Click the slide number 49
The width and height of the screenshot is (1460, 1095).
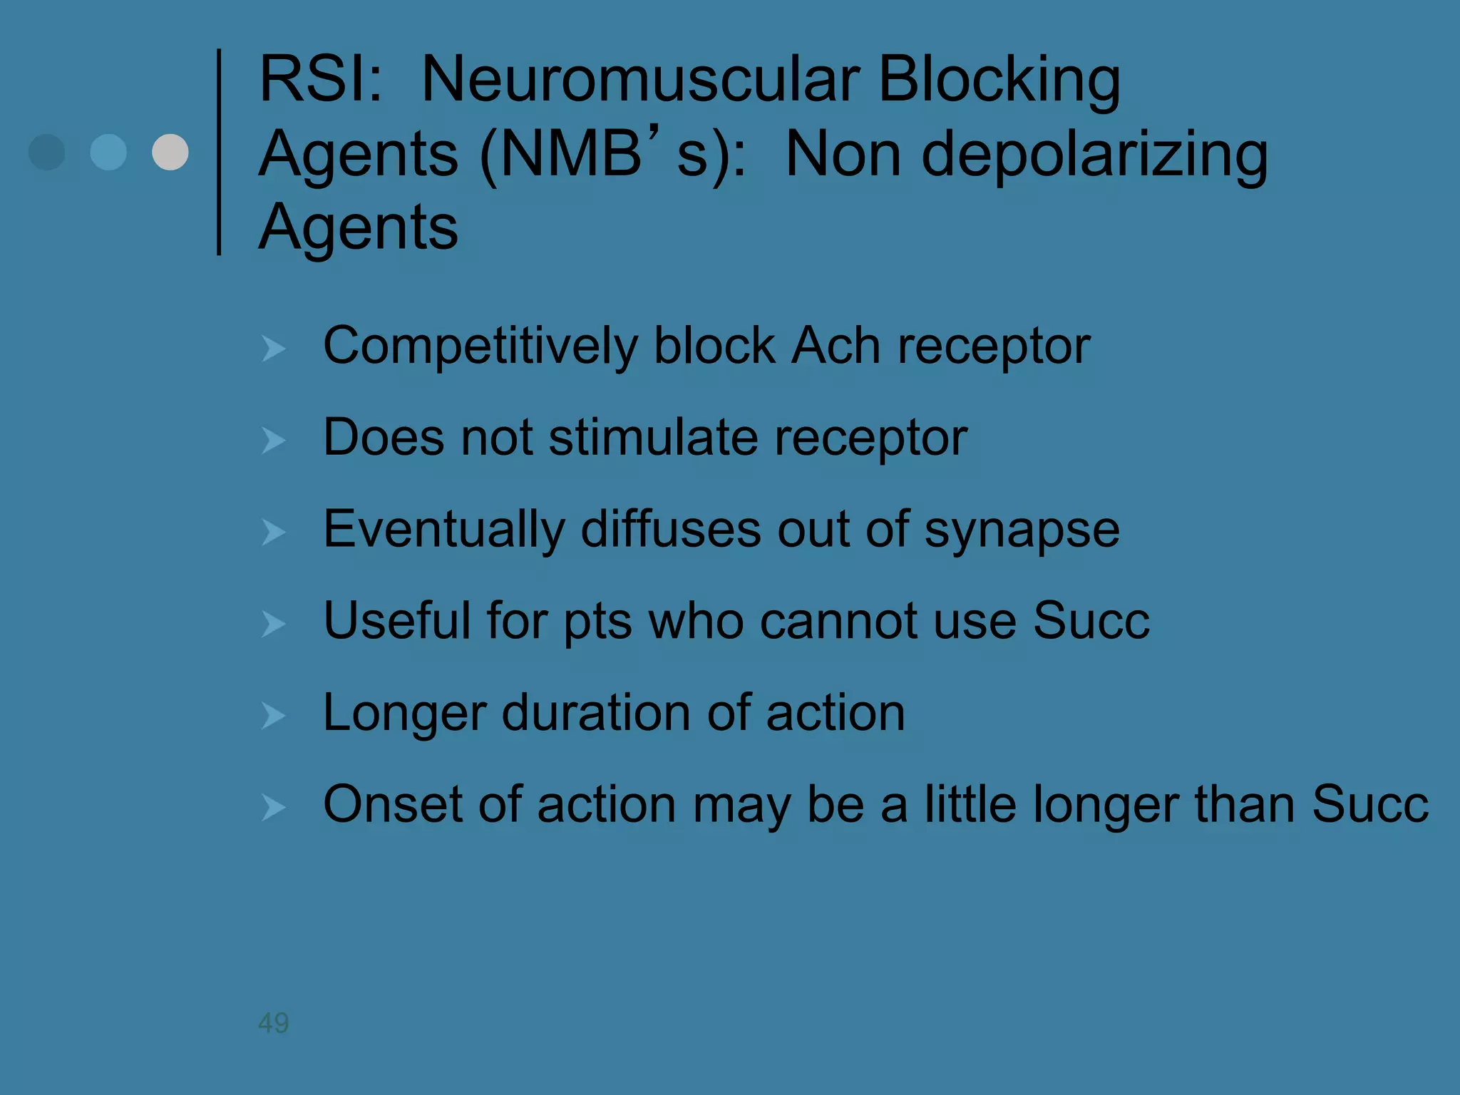point(273,1023)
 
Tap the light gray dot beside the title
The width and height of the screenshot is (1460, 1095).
point(170,152)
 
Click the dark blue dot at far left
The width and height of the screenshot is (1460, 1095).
point(47,152)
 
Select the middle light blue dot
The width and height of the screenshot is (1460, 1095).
point(108,152)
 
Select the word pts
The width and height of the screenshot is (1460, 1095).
point(597,622)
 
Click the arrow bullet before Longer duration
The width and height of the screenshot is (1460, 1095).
point(273,716)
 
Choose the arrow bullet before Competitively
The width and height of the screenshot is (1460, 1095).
point(273,349)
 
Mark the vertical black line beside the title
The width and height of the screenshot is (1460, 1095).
point(219,152)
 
